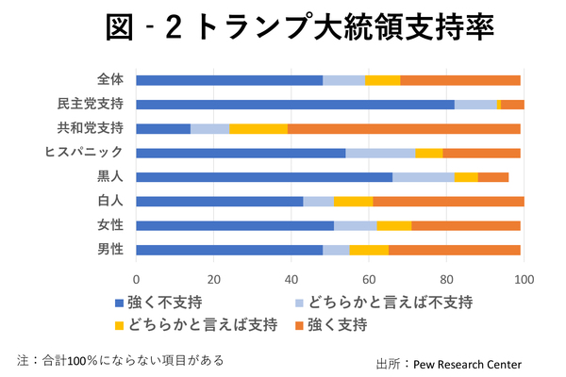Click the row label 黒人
pyautogui.click(x=110, y=177)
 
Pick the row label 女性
pyautogui.click(x=110, y=225)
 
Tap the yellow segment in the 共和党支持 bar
pyautogui.click(x=258, y=128)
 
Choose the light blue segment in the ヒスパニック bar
pyautogui.click(x=380, y=153)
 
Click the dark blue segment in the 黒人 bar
pyautogui.click(x=264, y=177)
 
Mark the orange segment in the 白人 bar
pyautogui.click(x=448, y=201)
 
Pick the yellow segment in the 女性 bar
pyautogui.click(x=394, y=225)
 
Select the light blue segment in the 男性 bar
pyautogui.click(x=336, y=250)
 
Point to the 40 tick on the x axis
pyautogui.click(x=291, y=280)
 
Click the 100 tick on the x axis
pyautogui.click(x=524, y=280)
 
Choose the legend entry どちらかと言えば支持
pyautogui.click(x=197, y=325)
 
